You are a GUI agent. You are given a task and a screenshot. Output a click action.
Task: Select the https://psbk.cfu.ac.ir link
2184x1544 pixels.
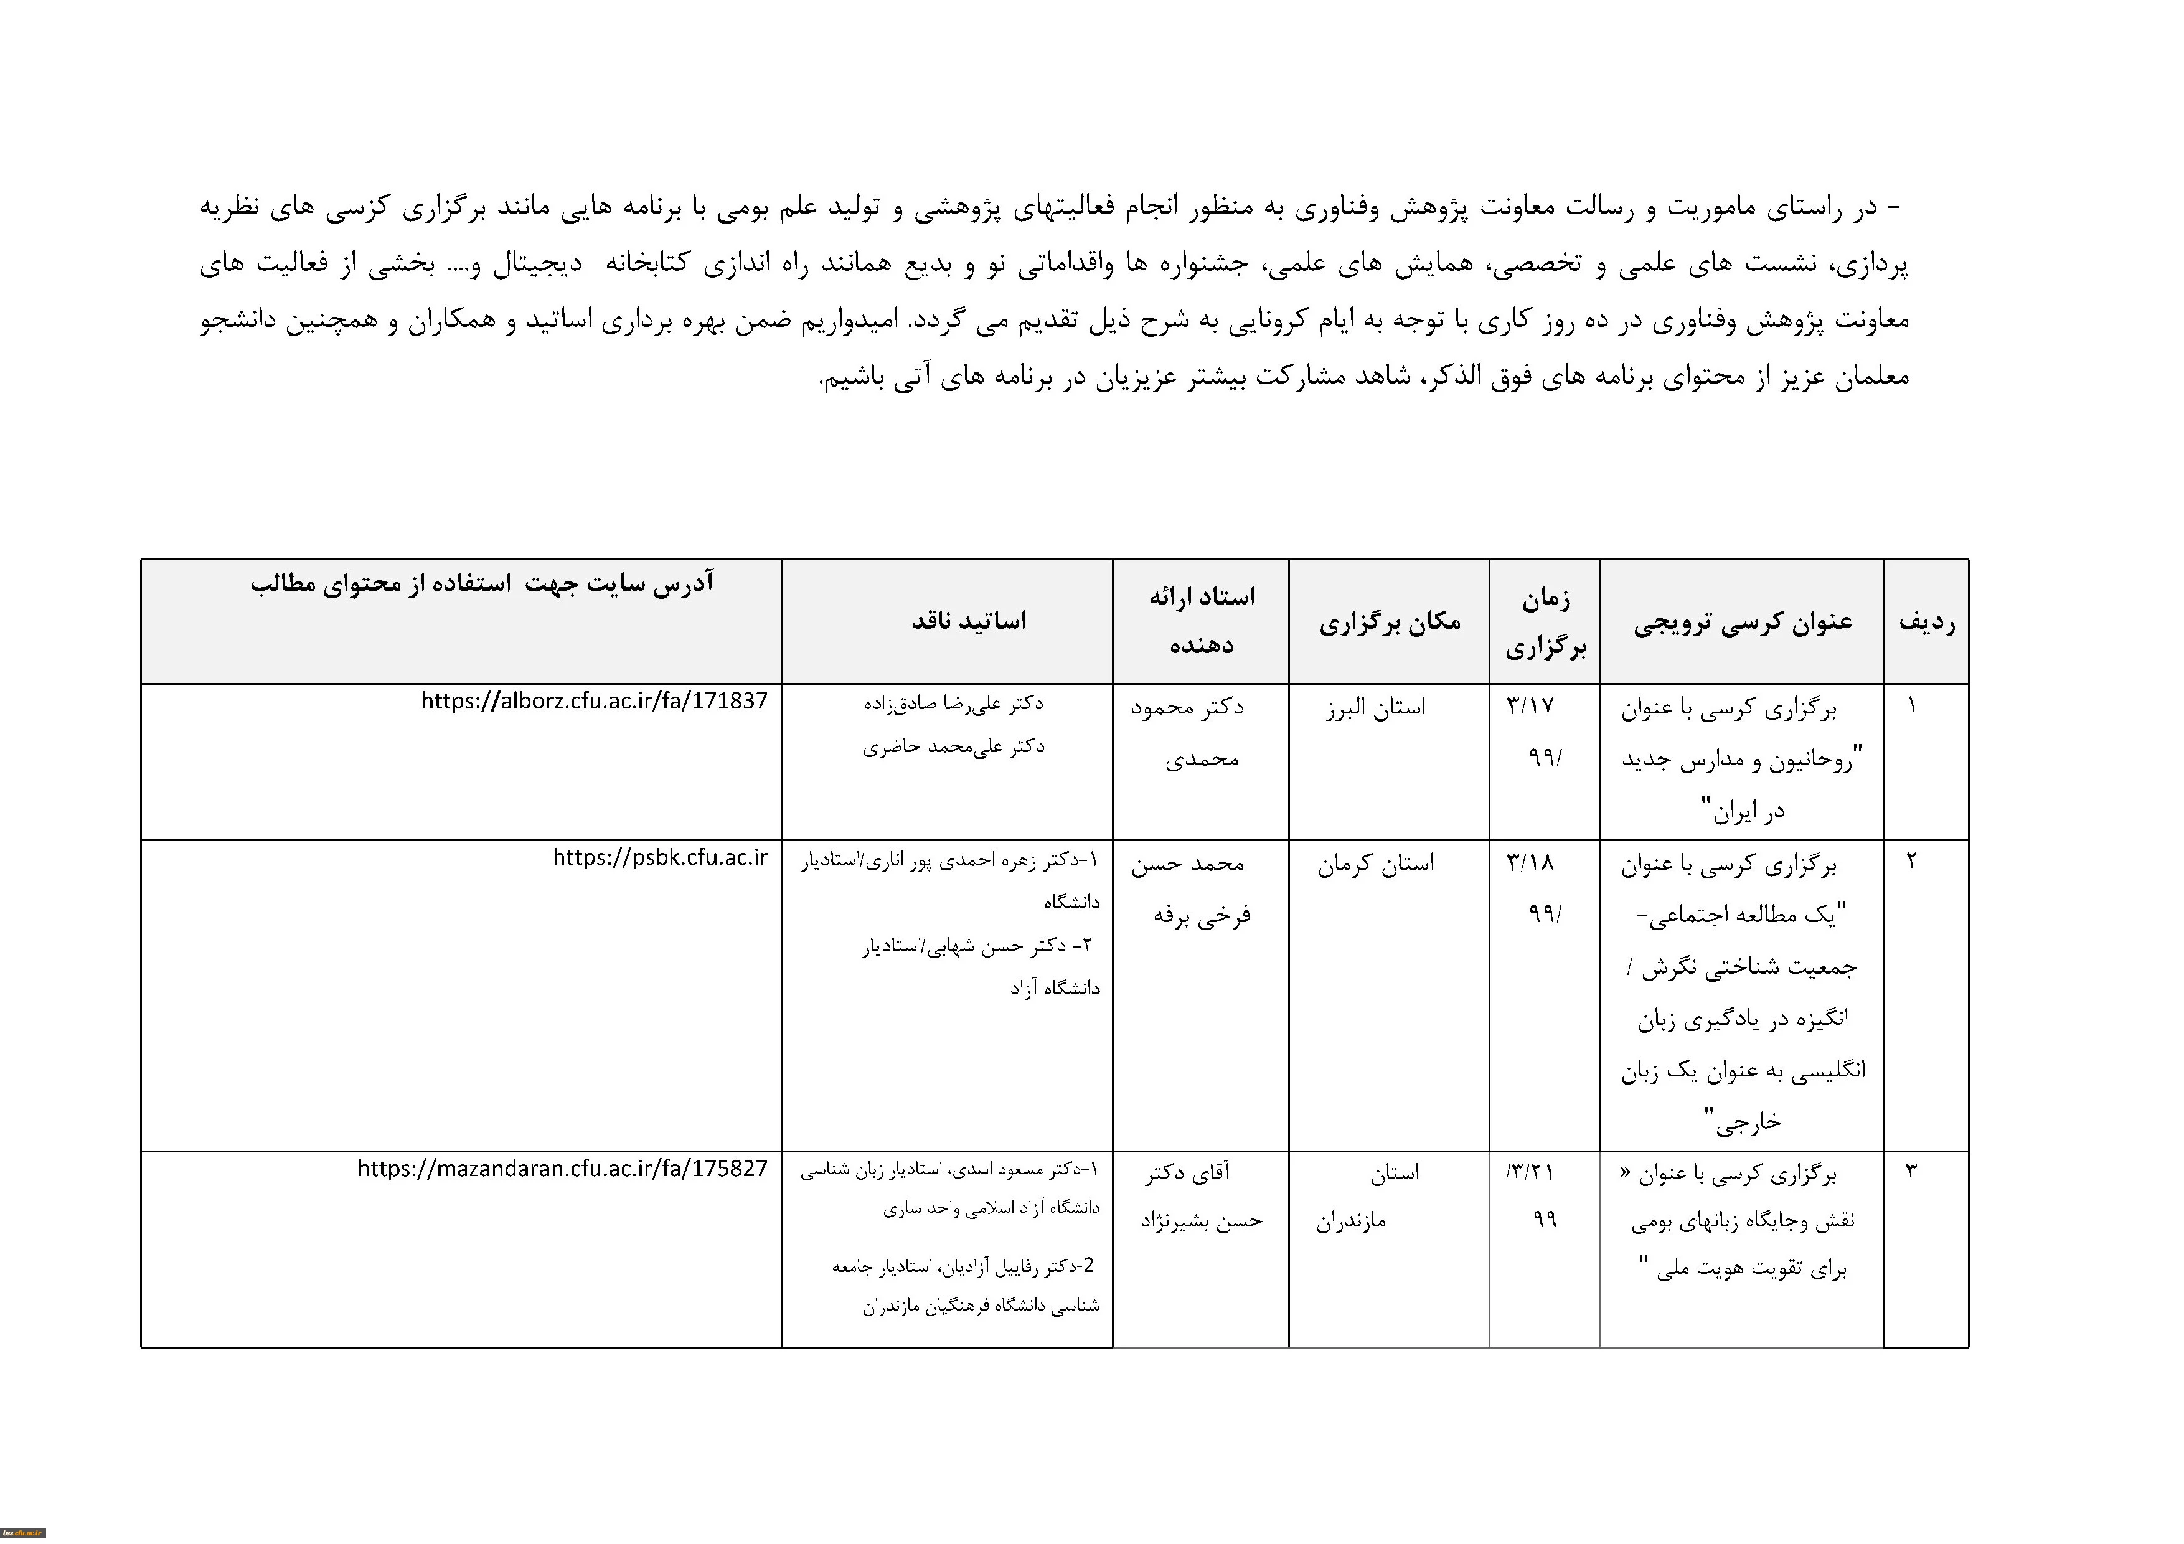[x=659, y=857]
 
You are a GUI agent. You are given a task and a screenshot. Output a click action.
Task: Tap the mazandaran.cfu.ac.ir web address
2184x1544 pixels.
[x=562, y=1168]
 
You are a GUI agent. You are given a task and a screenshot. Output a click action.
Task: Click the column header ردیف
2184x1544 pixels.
[x=1926, y=622]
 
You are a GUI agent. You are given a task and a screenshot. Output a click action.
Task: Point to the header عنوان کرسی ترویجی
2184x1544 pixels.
[x=1743, y=622]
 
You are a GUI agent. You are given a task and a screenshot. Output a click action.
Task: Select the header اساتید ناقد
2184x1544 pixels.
[x=968, y=622]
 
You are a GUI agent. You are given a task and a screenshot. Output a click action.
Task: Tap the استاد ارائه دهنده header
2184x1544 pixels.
[x=1202, y=621]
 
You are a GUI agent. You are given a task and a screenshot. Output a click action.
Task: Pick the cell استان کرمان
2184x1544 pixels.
[x=1375, y=864]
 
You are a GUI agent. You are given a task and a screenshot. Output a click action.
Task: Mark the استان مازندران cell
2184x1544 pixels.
[x=1370, y=1197]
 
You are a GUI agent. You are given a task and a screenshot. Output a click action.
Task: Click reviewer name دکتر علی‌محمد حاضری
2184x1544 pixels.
[x=953, y=747]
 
